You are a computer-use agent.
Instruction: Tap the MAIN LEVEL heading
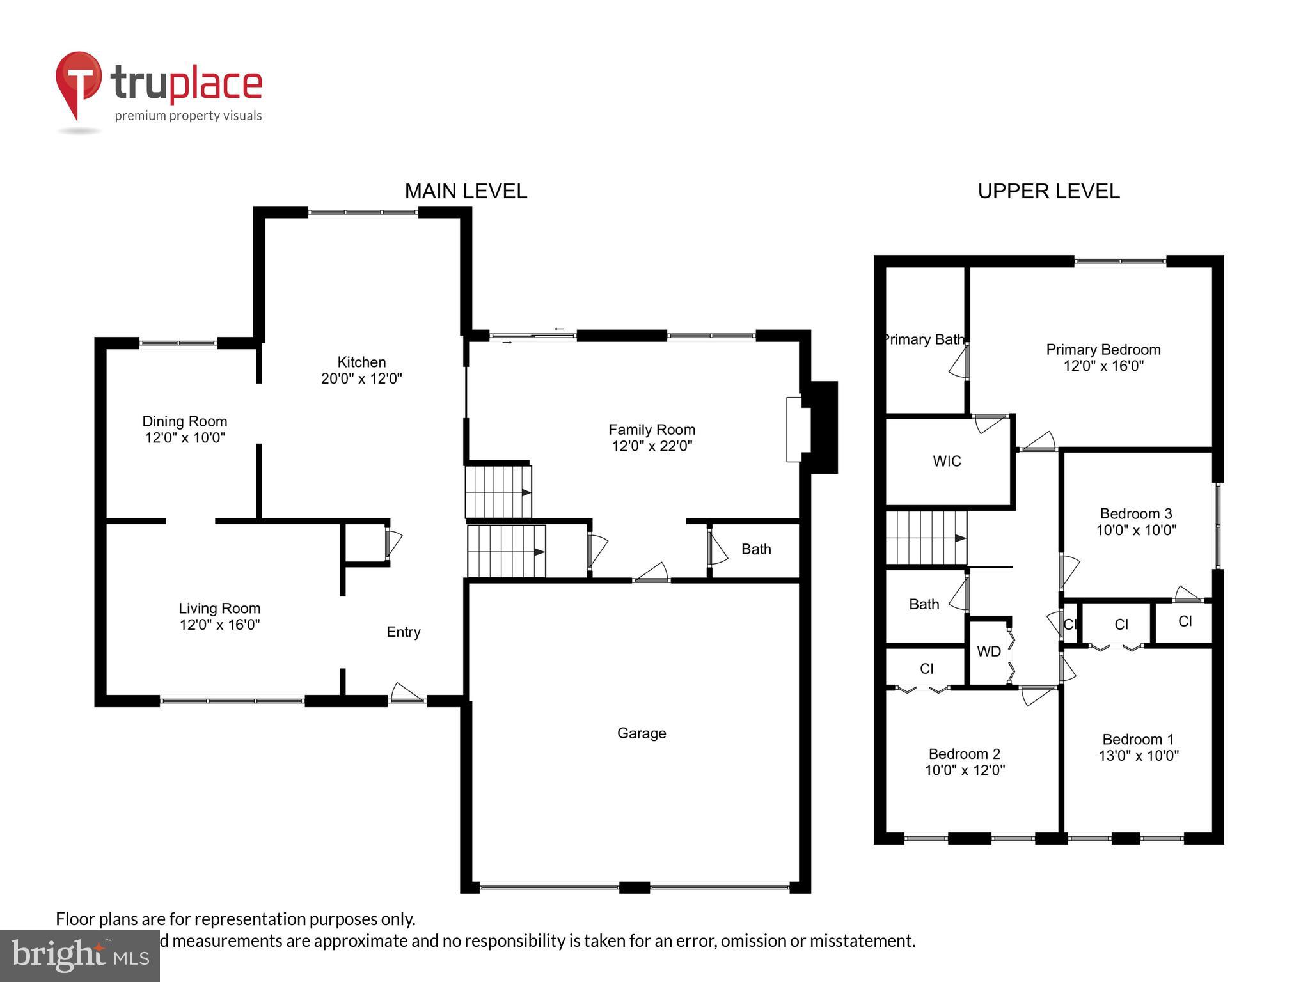(x=466, y=191)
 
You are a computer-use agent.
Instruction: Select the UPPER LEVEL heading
(x=1048, y=191)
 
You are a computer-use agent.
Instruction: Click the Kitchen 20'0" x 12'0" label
(x=361, y=370)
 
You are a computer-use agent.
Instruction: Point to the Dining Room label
(x=184, y=421)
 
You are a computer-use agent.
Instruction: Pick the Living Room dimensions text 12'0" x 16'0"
(x=219, y=625)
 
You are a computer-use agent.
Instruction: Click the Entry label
(x=403, y=632)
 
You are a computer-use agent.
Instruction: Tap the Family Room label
(x=651, y=430)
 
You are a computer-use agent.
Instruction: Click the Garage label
(x=642, y=733)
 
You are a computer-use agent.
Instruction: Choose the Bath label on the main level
(x=756, y=549)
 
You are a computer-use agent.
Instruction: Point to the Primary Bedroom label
(x=1103, y=350)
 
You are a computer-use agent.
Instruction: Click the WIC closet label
(x=947, y=462)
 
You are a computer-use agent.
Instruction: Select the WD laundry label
(x=988, y=651)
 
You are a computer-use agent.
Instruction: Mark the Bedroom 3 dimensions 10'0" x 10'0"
(x=1136, y=530)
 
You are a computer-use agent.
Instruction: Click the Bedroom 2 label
(x=964, y=754)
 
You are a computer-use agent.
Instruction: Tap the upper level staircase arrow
(x=959, y=538)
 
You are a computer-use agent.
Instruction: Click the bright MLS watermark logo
(x=80, y=955)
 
